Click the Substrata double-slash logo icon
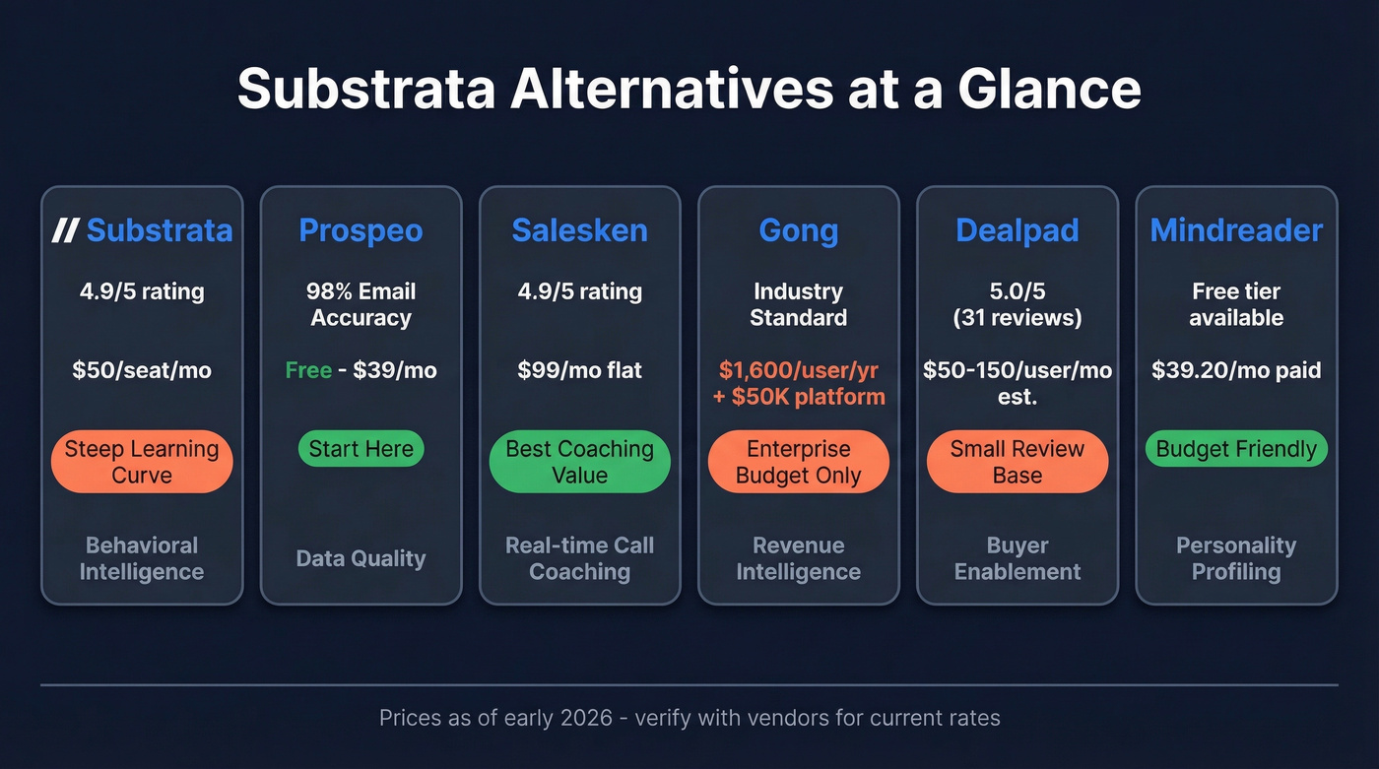[x=65, y=230]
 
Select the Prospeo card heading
[x=361, y=230]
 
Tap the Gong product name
[x=798, y=230]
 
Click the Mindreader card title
[x=1236, y=230]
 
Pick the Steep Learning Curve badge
[x=142, y=462]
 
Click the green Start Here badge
[x=361, y=449]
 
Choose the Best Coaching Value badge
[x=579, y=462]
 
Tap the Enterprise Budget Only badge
[x=798, y=462]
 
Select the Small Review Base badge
[x=1017, y=462]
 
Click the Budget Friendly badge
[x=1236, y=449]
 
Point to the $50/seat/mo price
[x=142, y=370]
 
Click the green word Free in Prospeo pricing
[x=307, y=370]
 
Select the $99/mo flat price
[x=579, y=370]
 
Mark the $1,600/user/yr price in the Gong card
[x=798, y=370]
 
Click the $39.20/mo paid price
[x=1236, y=370]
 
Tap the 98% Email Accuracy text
[x=361, y=304]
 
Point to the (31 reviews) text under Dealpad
[x=1017, y=318]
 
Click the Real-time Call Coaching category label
[x=579, y=558]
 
